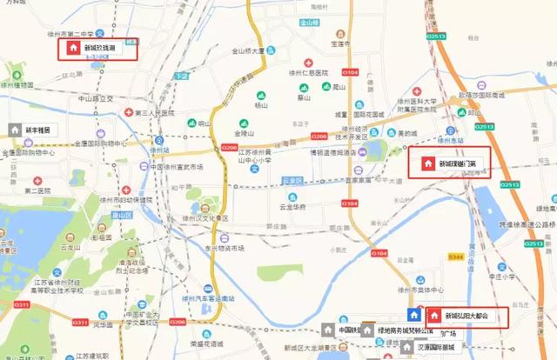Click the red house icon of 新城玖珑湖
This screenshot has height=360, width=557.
[x=74, y=48]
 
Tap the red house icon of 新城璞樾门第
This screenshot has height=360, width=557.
[x=426, y=163]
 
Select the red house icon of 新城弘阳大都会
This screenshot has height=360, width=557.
[x=434, y=316]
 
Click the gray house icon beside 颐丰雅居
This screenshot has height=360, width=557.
[x=14, y=129]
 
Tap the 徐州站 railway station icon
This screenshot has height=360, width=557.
[x=155, y=137]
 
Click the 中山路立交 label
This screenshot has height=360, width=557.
[x=96, y=99]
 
